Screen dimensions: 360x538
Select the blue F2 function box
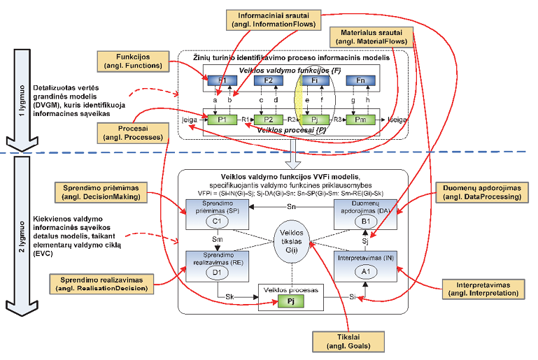click(268, 81)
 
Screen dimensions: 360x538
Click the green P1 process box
click(222, 120)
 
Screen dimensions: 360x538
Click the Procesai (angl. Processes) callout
click(134, 133)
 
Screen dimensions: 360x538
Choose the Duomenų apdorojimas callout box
click(471, 192)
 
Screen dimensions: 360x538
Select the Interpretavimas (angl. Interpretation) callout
click(480, 290)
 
